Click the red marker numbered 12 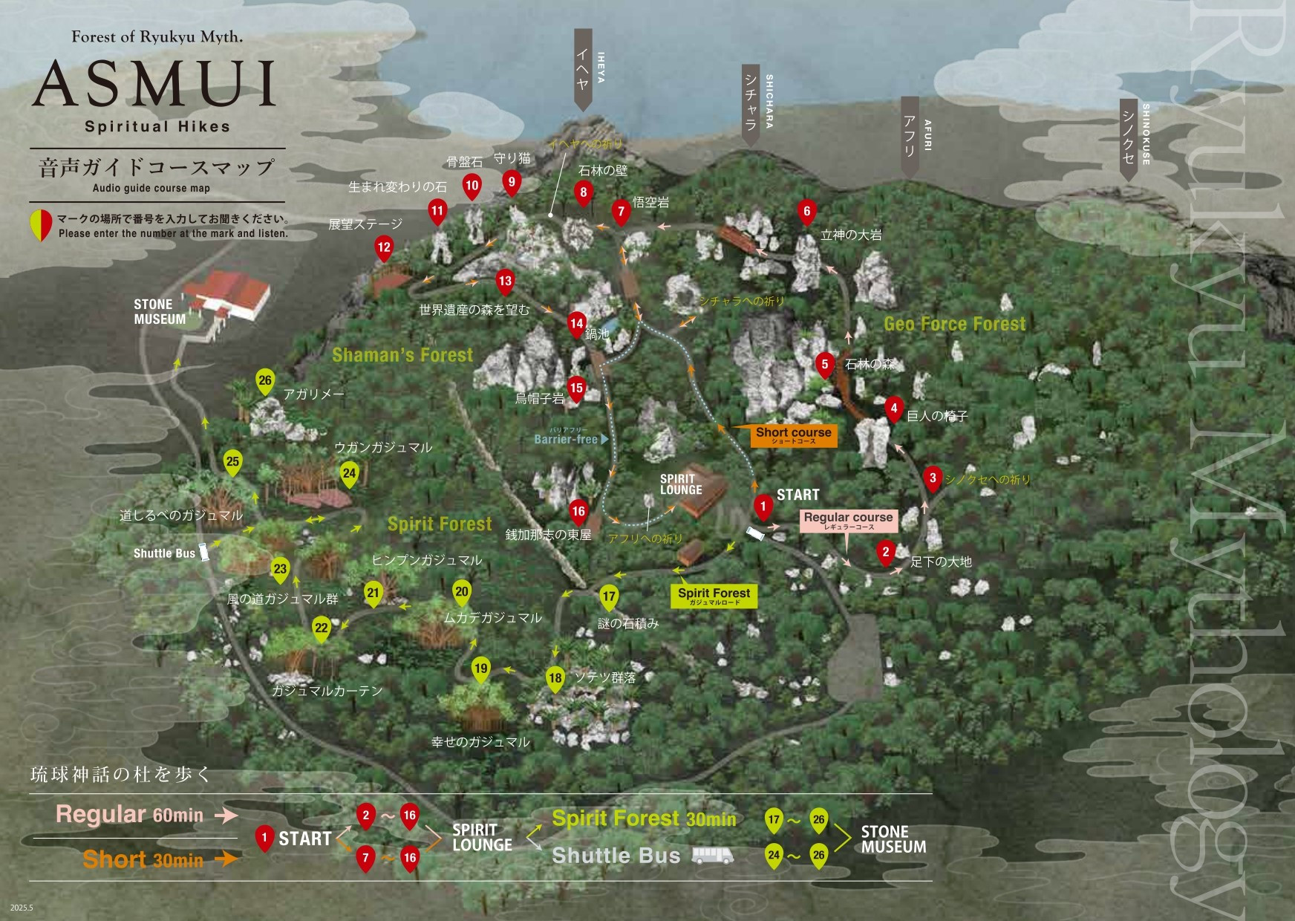pos(384,248)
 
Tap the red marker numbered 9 pos(511,182)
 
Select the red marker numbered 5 pos(824,365)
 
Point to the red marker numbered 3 pos(933,478)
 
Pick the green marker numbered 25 pos(232,462)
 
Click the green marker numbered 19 pos(480,668)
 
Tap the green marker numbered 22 pos(321,628)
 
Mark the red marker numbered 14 pos(576,324)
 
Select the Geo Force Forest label pos(954,324)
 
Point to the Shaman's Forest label pos(402,355)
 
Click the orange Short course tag pos(793,435)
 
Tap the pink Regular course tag pos(848,520)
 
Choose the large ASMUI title pos(154,83)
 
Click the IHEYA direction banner pos(584,71)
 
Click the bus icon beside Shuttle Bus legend pos(712,856)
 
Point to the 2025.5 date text pos(22,908)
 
